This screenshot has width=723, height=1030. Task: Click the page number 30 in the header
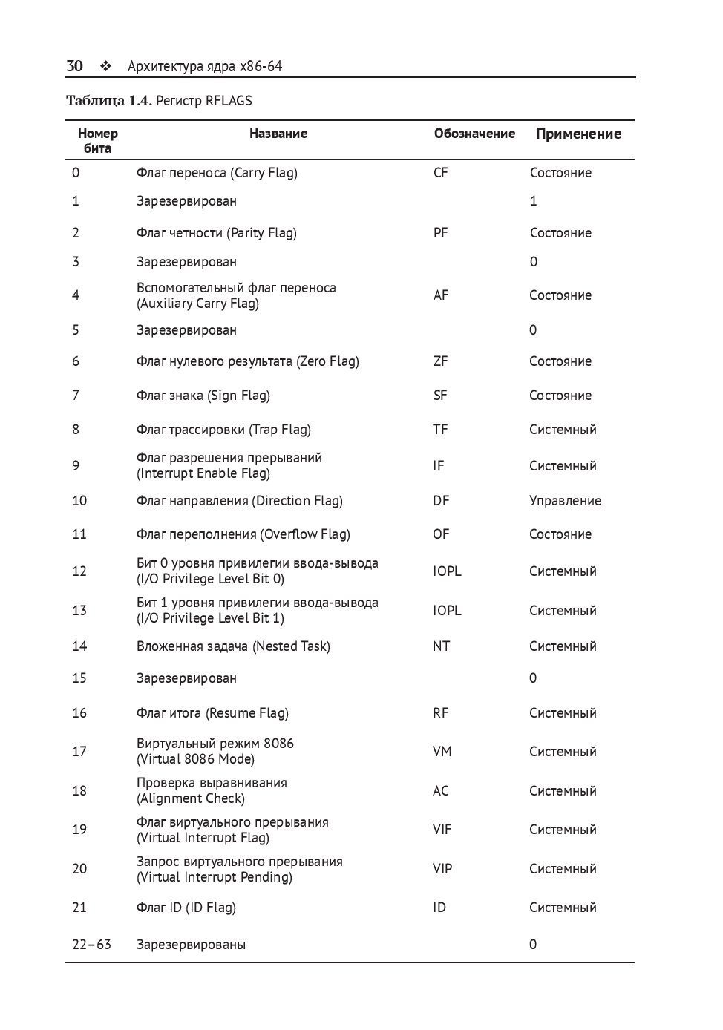tap(74, 66)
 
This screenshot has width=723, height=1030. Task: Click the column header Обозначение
tap(474, 134)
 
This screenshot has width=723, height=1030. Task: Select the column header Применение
tap(578, 134)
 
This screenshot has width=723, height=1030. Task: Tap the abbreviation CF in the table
tap(441, 173)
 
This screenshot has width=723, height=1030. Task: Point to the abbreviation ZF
tap(441, 361)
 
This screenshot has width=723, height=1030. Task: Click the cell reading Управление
tap(565, 501)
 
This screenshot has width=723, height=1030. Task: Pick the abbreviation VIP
tap(442, 869)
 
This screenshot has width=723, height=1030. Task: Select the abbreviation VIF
tap(442, 830)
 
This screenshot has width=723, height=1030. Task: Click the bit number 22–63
tap(91, 945)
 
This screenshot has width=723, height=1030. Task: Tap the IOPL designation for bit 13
tap(447, 611)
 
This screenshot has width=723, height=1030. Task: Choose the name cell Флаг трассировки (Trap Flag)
tap(223, 430)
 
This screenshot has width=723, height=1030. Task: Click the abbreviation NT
tap(442, 646)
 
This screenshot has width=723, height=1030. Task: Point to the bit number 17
tap(79, 752)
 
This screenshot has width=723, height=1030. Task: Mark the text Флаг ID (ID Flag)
tap(186, 908)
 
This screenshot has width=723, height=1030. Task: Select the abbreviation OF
tap(442, 534)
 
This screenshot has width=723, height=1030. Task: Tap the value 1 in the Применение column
tap(533, 201)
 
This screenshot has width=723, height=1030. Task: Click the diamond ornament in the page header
tap(105, 66)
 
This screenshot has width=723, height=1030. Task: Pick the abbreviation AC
tap(441, 791)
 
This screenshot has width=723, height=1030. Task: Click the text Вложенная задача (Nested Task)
tap(233, 646)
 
